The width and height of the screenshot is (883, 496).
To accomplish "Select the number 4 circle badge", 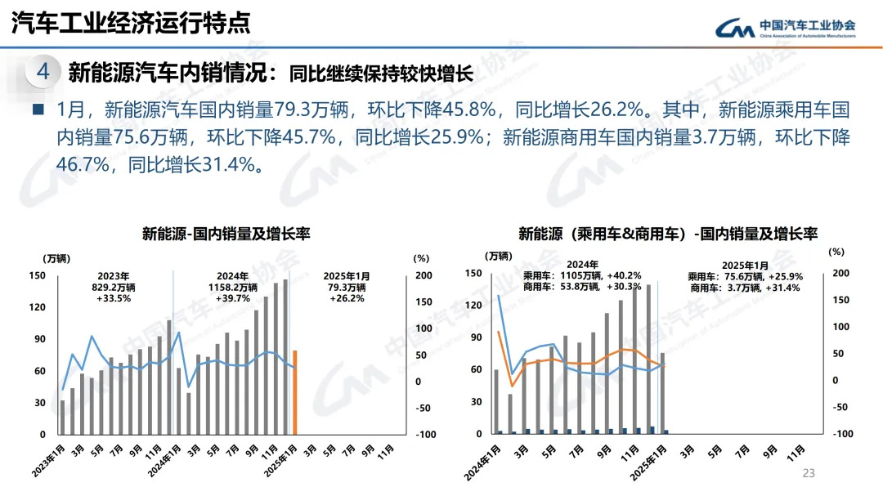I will click(43, 72).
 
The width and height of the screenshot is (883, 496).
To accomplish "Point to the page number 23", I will click(810, 473).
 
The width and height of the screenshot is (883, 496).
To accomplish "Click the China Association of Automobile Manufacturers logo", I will click(785, 28).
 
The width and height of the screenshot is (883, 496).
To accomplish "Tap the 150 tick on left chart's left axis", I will click(36, 275).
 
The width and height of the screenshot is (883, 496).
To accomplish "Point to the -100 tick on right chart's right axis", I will click(842, 434).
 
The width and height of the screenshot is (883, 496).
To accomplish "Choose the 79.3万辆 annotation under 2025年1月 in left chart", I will click(347, 288).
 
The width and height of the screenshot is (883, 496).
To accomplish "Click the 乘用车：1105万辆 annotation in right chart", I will click(582, 276).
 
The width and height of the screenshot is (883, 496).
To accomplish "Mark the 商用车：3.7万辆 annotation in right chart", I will click(745, 288).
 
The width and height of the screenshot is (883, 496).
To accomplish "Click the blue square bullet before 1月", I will click(38, 109).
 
